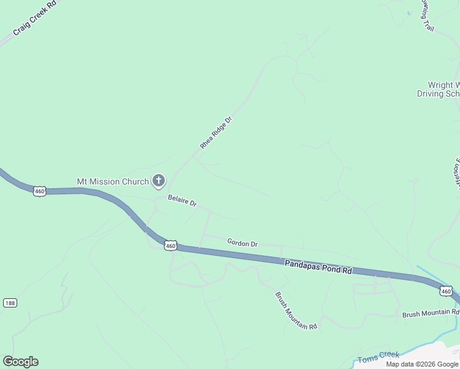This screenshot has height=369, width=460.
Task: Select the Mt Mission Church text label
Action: click(113, 181)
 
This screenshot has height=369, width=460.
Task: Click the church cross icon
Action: click(159, 181)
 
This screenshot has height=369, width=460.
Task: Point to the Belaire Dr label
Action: click(182, 201)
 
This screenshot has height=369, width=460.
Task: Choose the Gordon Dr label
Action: click(242, 243)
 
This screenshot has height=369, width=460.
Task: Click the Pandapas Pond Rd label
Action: click(318, 266)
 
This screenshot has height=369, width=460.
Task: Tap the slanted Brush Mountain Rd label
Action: click(296, 311)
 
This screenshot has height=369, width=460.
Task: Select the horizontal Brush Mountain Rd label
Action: click(430, 314)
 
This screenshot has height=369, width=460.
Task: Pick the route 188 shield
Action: click(9, 303)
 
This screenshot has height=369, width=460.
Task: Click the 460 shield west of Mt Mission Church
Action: click(40, 191)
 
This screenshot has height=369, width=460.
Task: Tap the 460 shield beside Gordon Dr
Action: click(171, 246)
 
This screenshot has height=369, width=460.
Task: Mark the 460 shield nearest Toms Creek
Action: click(446, 290)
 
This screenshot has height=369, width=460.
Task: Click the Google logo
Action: click(20, 362)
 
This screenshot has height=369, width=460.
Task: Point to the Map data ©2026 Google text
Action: click(422, 364)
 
